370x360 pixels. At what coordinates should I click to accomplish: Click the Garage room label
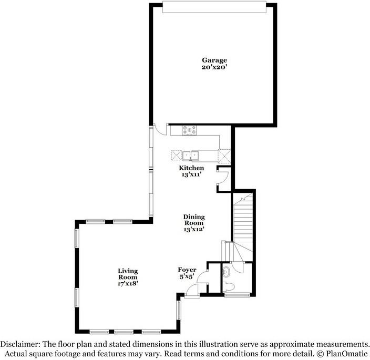pyautogui.click(x=214, y=60)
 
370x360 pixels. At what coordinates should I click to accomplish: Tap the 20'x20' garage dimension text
pyautogui.click(x=214, y=67)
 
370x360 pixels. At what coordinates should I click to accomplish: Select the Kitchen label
pyautogui.click(x=191, y=168)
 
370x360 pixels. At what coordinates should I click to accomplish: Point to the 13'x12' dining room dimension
pyautogui.click(x=194, y=229)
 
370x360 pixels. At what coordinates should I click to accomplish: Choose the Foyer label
pyautogui.click(x=187, y=270)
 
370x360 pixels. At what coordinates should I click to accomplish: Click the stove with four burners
pyautogui.click(x=189, y=130)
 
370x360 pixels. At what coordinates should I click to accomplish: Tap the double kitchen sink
pyautogui.click(x=190, y=156)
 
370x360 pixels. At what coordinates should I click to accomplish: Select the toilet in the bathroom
pyautogui.click(x=229, y=286)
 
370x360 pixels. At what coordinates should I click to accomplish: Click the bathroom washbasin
pyautogui.click(x=227, y=272)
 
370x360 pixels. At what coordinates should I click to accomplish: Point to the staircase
pyautogui.click(x=243, y=227)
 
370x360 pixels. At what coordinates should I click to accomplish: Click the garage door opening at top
pyautogui.click(x=214, y=7)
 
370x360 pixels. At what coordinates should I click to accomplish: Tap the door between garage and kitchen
pyautogui.click(x=160, y=129)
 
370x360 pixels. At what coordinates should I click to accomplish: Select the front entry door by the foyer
pyautogui.click(x=192, y=290)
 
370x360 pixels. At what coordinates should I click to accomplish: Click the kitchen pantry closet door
pyautogui.click(x=223, y=178)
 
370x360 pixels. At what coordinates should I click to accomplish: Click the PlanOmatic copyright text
pyautogui.click(x=342, y=354)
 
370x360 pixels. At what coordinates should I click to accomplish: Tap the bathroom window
pyautogui.click(x=237, y=295)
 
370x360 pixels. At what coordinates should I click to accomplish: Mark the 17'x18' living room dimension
pyautogui.click(x=128, y=283)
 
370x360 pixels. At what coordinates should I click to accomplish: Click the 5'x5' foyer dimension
pyautogui.click(x=187, y=276)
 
